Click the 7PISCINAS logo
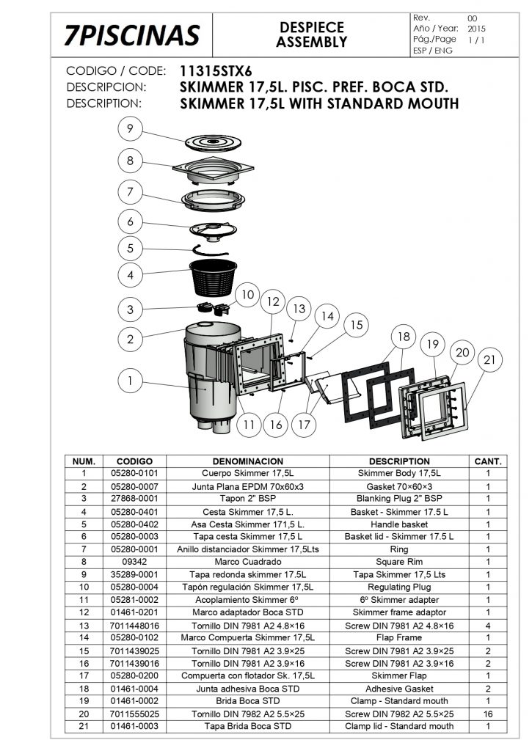coord(131,34)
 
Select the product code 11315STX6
coord(215,72)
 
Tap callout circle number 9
coord(129,129)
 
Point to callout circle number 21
coord(489,360)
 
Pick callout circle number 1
coord(129,381)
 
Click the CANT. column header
coord(488,461)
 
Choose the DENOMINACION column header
coord(247,461)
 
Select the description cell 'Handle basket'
coord(400,524)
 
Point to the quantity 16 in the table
coord(488,714)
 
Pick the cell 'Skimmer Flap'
coord(400,675)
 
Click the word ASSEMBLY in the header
coord(312,43)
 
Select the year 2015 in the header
coord(476,29)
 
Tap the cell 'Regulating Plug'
coord(400,587)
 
